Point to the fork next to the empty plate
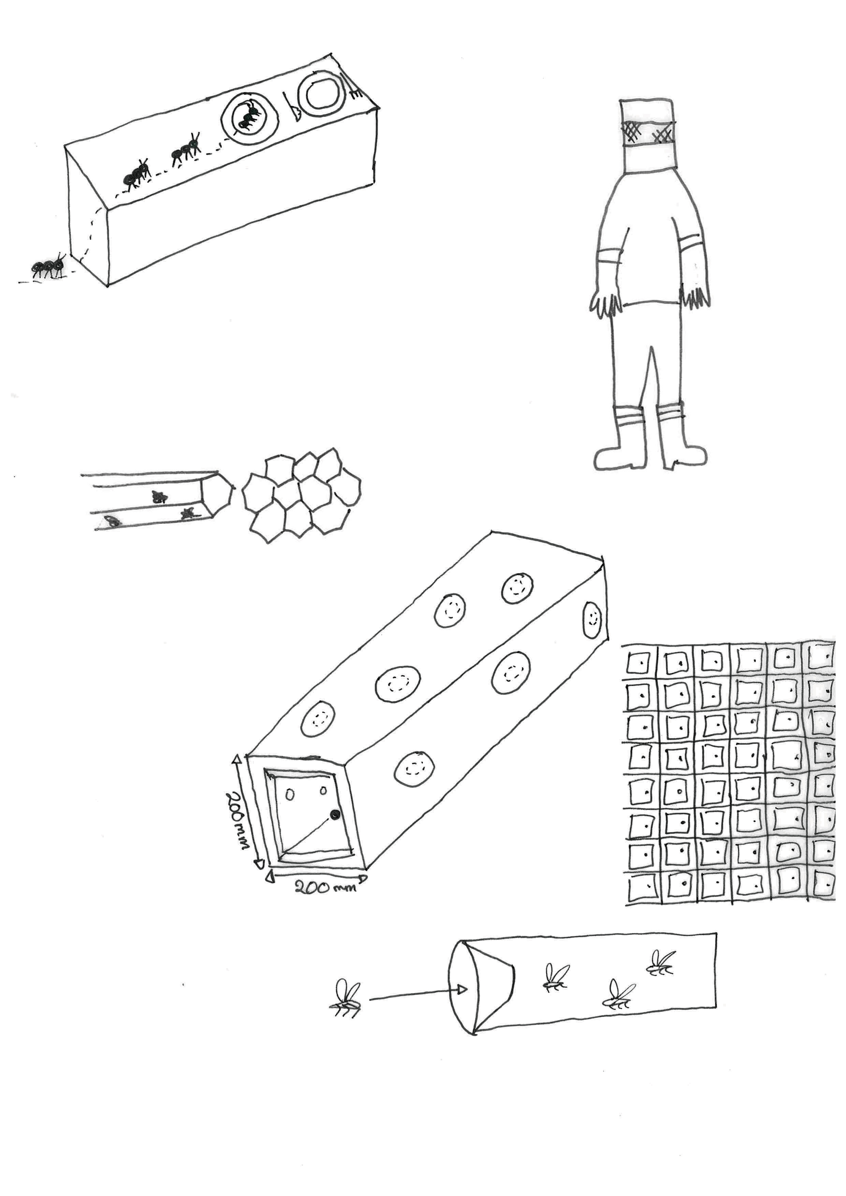(352, 86)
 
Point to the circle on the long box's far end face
(592, 620)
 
